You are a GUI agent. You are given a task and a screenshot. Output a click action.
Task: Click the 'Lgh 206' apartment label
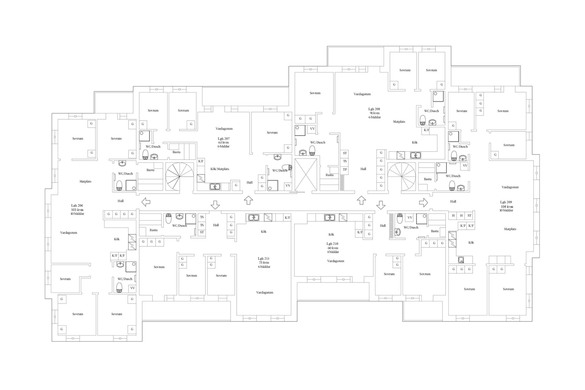(x=77, y=205)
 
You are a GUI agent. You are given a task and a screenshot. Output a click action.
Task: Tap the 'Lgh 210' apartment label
(x=332, y=244)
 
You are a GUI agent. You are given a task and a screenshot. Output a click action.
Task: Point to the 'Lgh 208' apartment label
(x=374, y=109)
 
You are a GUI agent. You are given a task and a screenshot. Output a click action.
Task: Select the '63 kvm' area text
(x=223, y=142)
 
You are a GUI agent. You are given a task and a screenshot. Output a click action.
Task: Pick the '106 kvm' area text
(x=507, y=207)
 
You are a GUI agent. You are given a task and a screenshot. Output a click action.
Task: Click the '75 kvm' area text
(x=264, y=263)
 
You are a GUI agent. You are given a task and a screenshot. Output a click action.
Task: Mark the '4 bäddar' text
(x=333, y=252)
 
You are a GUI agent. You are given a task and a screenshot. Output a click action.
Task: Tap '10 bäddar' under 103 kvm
(x=77, y=214)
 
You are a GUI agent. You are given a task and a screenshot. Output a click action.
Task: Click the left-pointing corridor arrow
(x=146, y=202)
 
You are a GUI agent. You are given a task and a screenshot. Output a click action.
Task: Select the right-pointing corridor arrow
(x=423, y=203)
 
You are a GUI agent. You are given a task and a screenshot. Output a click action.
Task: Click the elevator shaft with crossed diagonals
(x=306, y=175)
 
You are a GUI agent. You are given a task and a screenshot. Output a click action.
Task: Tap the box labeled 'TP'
(x=345, y=169)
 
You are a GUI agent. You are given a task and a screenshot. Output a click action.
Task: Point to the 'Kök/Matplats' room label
(x=220, y=169)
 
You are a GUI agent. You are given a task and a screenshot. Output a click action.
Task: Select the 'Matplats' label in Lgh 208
(x=399, y=122)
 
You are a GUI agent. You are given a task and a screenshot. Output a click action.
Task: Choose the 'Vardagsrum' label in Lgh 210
(x=336, y=261)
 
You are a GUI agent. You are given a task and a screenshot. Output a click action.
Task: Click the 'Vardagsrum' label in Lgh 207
(x=224, y=129)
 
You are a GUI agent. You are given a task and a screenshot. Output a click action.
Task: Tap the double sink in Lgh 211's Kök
(x=254, y=217)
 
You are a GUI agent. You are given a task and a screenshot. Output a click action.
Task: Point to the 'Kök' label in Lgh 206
(x=117, y=239)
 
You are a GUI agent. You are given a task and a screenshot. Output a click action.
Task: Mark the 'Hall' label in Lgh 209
(x=453, y=201)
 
